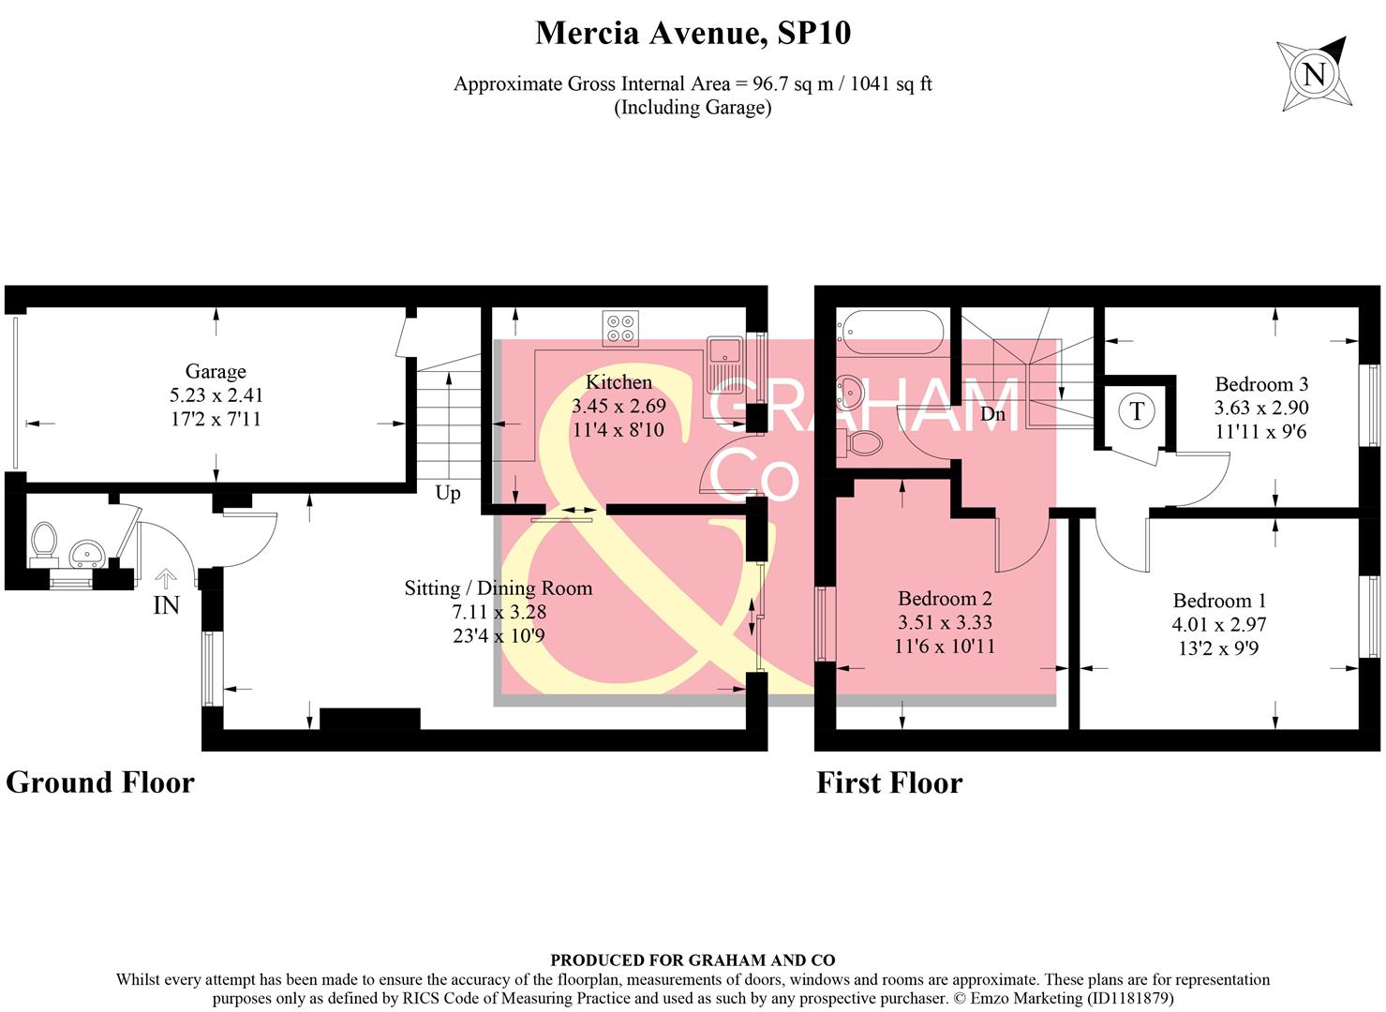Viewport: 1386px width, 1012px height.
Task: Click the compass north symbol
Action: pyautogui.click(x=1314, y=74)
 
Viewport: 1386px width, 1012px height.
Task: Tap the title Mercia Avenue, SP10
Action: pyautogui.click(x=693, y=34)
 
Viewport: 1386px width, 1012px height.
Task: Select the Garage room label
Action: pyautogui.click(x=215, y=372)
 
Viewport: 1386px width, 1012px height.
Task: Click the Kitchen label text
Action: pyautogui.click(x=618, y=382)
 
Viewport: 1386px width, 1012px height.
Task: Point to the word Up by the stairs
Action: pyautogui.click(x=448, y=493)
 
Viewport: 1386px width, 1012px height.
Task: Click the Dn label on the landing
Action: pyautogui.click(x=992, y=413)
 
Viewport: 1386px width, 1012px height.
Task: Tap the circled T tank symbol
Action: pyautogui.click(x=1136, y=410)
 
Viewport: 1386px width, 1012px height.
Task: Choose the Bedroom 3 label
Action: pyautogui.click(x=1261, y=384)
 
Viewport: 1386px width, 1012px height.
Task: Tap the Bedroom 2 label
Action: pyautogui.click(x=945, y=599)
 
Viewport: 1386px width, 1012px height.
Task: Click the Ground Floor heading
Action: pyautogui.click(x=100, y=782)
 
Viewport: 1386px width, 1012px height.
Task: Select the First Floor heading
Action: pyautogui.click(x=889, y=782)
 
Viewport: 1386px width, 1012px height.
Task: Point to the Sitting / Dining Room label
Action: pyautogui.click(x=499, y=588)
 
